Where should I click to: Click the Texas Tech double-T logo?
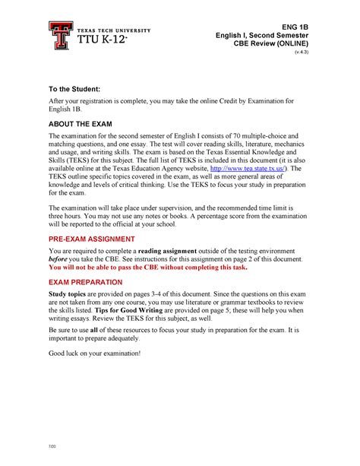pyautogui.click(x=58, y=36)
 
